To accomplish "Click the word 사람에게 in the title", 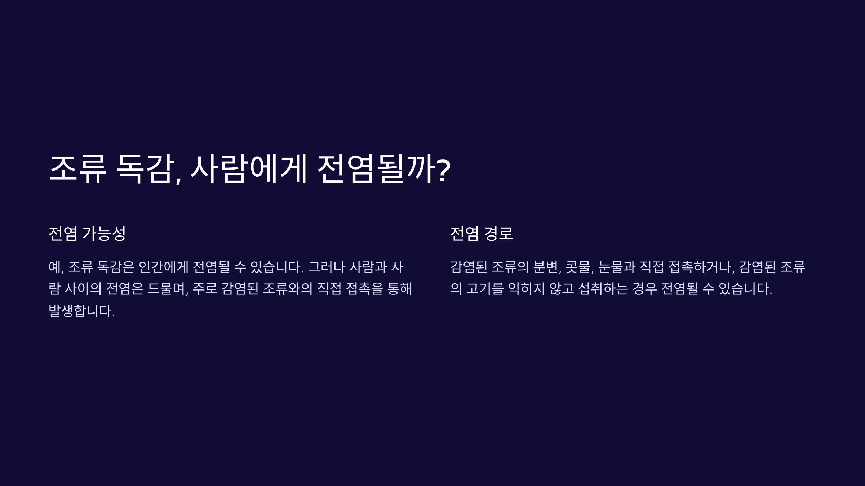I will tap(248, 169).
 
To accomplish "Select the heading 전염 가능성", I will tap(87, 234).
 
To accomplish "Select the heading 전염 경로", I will tap(482, 234).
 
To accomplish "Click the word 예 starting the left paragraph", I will tap(55, 267).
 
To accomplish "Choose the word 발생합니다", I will tap(81, 311).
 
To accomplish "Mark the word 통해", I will tap(399, 289).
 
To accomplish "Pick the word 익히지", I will tap(526, 289).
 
